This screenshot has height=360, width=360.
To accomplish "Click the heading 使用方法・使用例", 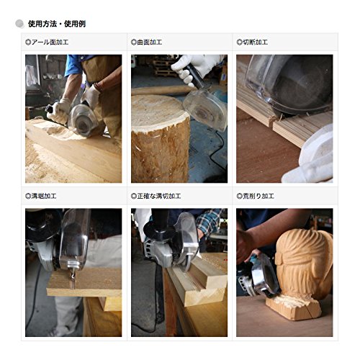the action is pyautogui.click(x=57, y=24).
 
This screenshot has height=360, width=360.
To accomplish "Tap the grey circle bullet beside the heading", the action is pyautogui.click(x=19, y=24).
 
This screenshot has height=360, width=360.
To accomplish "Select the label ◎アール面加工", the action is pyautogui.click(x=47, y=42).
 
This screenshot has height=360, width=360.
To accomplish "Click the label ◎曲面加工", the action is pyautogui.click(x=146, y=42).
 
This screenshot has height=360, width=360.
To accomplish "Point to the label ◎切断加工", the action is pyautogui.click(x=252, y=42).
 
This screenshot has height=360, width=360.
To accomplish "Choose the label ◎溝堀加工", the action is pyautogui.click(x=41, y=196).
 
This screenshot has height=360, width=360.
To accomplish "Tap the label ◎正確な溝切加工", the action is pyautogui.click(x=156, y=196).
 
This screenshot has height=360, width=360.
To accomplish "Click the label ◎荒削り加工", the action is pyautogui.click(x=255, y=196).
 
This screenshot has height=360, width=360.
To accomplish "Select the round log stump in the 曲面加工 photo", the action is pyautogui.click(x=161, y=138).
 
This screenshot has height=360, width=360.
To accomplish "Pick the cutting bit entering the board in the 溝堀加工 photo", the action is pyautogui.click(x=73, y=279).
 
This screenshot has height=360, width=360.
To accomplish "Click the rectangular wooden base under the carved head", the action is pyautogui.click(x=293, y=307).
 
